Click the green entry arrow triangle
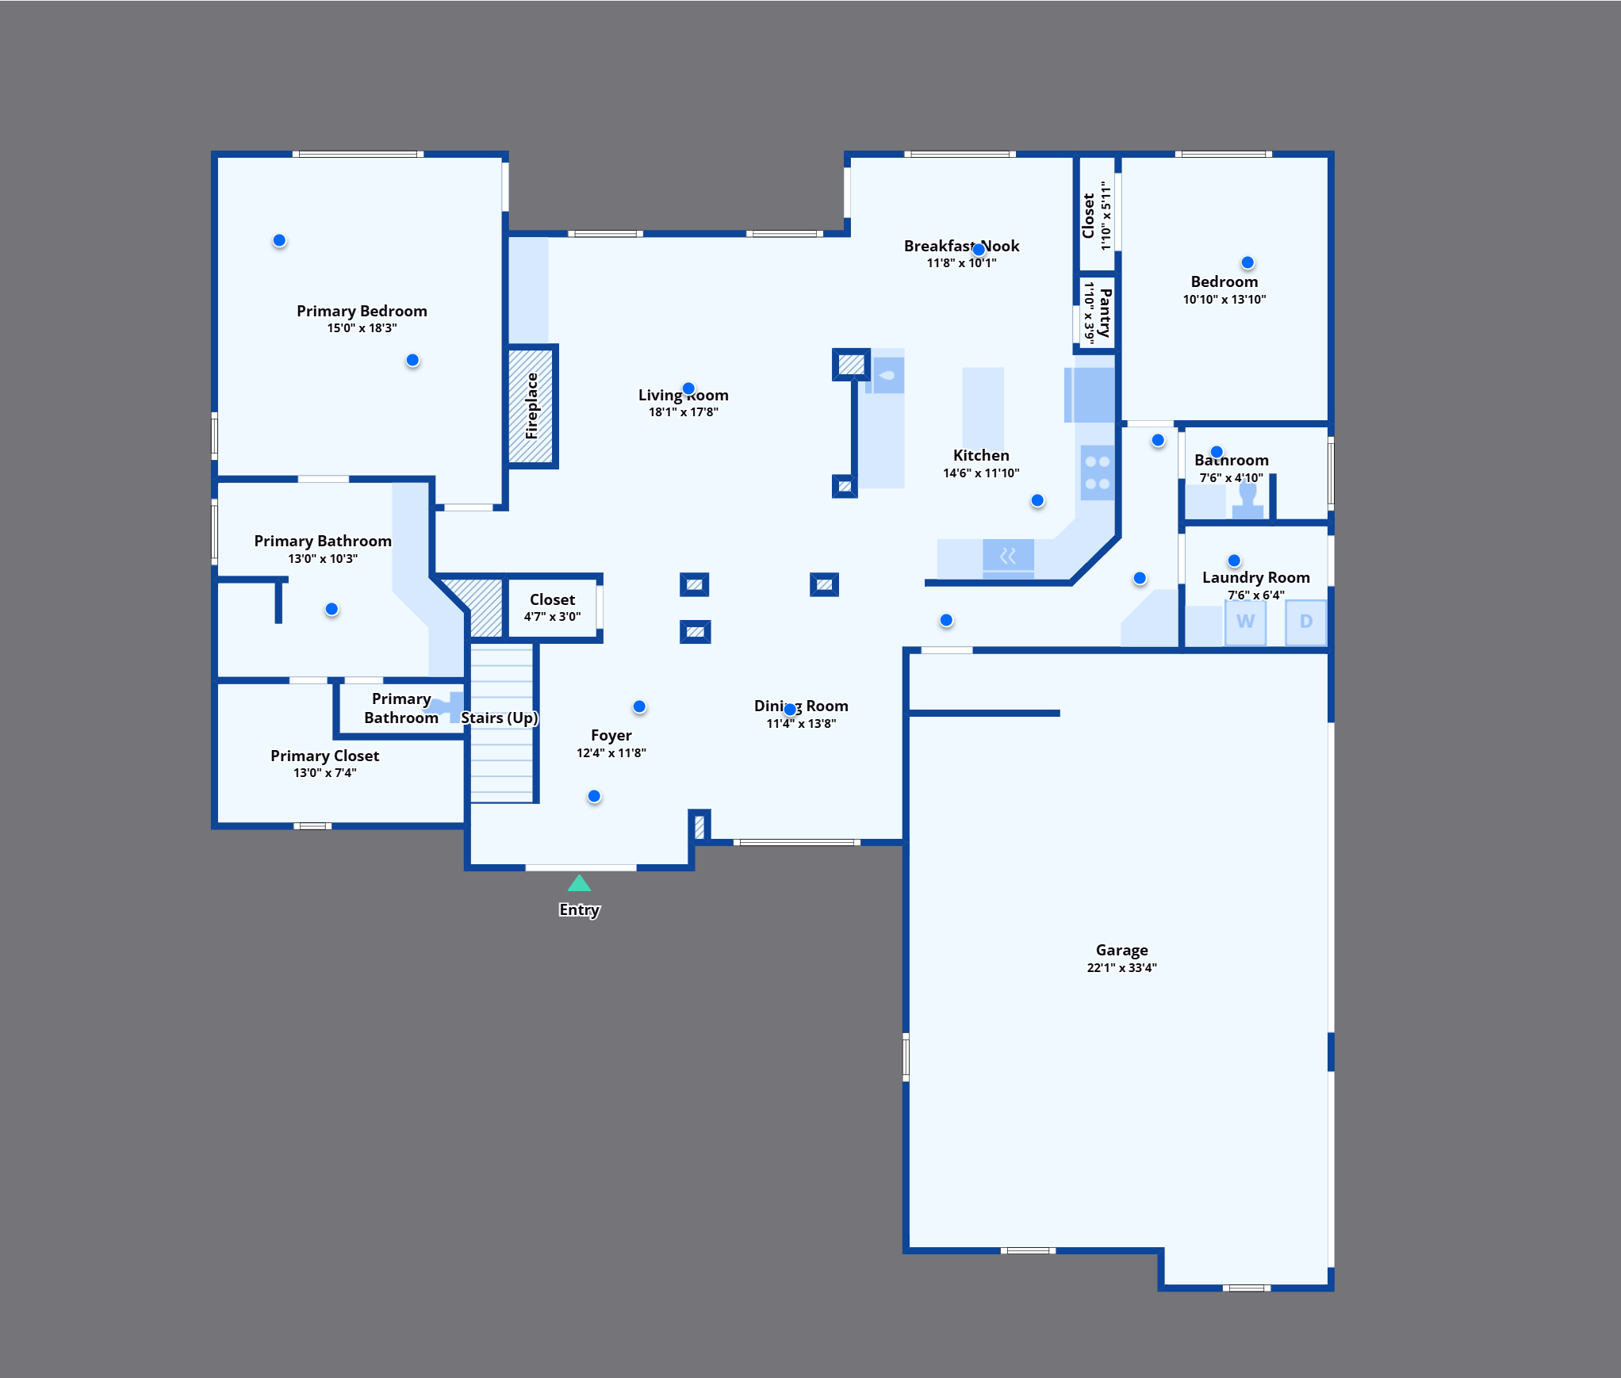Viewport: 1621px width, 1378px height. (x=580, y=883)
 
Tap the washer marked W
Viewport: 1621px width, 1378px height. (x=1245, y=622)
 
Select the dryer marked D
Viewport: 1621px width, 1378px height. (x=1305, y=622)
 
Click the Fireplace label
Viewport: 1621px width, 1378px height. (x=531, y=406)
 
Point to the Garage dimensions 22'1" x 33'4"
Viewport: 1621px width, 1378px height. (x=1121, y=967)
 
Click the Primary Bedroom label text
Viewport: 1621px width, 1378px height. (x=362, y=311)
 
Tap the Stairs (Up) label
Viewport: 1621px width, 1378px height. (x=500, y=718)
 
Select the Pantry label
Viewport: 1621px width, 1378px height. (x=1105, y=313)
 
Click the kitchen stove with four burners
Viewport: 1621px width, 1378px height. (x=1098, y=473)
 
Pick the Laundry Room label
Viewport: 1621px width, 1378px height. (x=1255, y=577)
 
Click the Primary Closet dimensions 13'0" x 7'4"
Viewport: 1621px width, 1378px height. (x=325, y=772)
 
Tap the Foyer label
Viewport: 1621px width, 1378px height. (x=611, y=735)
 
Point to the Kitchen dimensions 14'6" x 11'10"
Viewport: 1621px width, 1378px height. (x=981, y=473)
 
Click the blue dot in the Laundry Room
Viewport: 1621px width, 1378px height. (x=1234, y=561)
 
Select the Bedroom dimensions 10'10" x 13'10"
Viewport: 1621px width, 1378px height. (x=1224, y=299)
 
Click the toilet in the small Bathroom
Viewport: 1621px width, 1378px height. (x=1247, y=500)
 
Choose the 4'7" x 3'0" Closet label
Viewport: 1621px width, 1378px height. (x=552, y=599)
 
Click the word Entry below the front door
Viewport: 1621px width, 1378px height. (x=580, y=909)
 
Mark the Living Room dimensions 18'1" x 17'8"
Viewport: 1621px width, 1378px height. (x=683, y=411)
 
